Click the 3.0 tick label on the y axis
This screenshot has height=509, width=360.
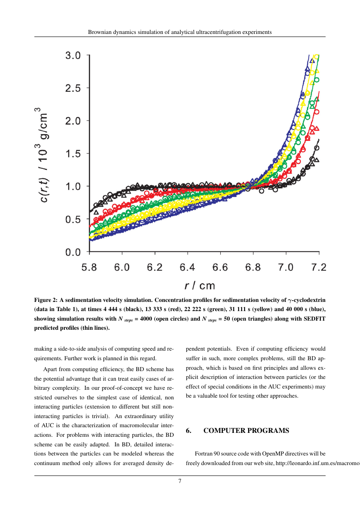[73, 56]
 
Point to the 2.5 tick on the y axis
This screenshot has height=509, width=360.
[73, 88]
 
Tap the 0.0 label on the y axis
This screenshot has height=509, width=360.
[73, 252]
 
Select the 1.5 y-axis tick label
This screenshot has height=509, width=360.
[73, 154]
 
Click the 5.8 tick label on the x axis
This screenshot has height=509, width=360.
[89, 267]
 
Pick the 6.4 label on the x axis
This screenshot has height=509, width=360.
[188, 267]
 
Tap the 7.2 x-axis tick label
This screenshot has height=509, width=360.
[319, 267]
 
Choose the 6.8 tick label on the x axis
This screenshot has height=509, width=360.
[253, 267]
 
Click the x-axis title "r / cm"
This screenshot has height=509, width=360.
[200, 285]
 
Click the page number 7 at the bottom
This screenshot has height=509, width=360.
[180, 481]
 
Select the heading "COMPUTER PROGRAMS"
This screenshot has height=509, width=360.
[246, 431]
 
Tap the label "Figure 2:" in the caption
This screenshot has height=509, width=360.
[48, 300]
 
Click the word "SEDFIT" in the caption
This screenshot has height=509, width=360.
[301, 318]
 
